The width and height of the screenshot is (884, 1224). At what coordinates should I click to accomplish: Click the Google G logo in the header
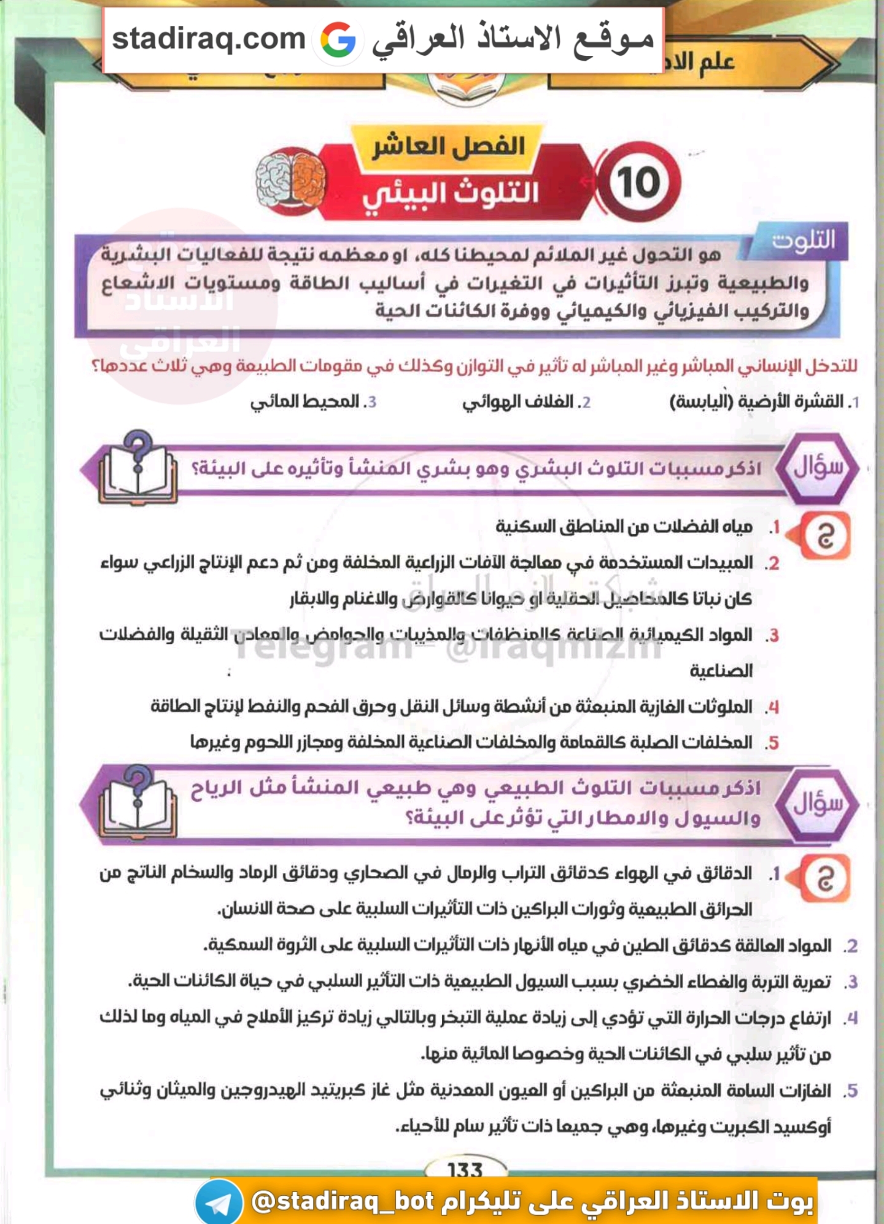(x=338, y=39)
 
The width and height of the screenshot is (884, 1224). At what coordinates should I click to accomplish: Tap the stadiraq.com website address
(x=209, y=39)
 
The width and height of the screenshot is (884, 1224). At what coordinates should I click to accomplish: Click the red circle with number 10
(x=638, y=182)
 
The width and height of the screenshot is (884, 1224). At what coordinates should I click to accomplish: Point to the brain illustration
(x=290, y=182)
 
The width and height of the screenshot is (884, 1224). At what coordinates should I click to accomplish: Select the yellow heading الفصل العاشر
(x=448, y=146)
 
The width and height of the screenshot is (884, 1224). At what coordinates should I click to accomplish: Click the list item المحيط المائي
(x=313, y=402)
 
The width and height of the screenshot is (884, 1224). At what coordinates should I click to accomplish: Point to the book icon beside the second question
(x=138, y=803)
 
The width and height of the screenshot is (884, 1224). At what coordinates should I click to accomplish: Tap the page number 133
(x=465, y=1170)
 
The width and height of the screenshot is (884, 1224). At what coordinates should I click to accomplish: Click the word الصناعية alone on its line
(x=721, y=671)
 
